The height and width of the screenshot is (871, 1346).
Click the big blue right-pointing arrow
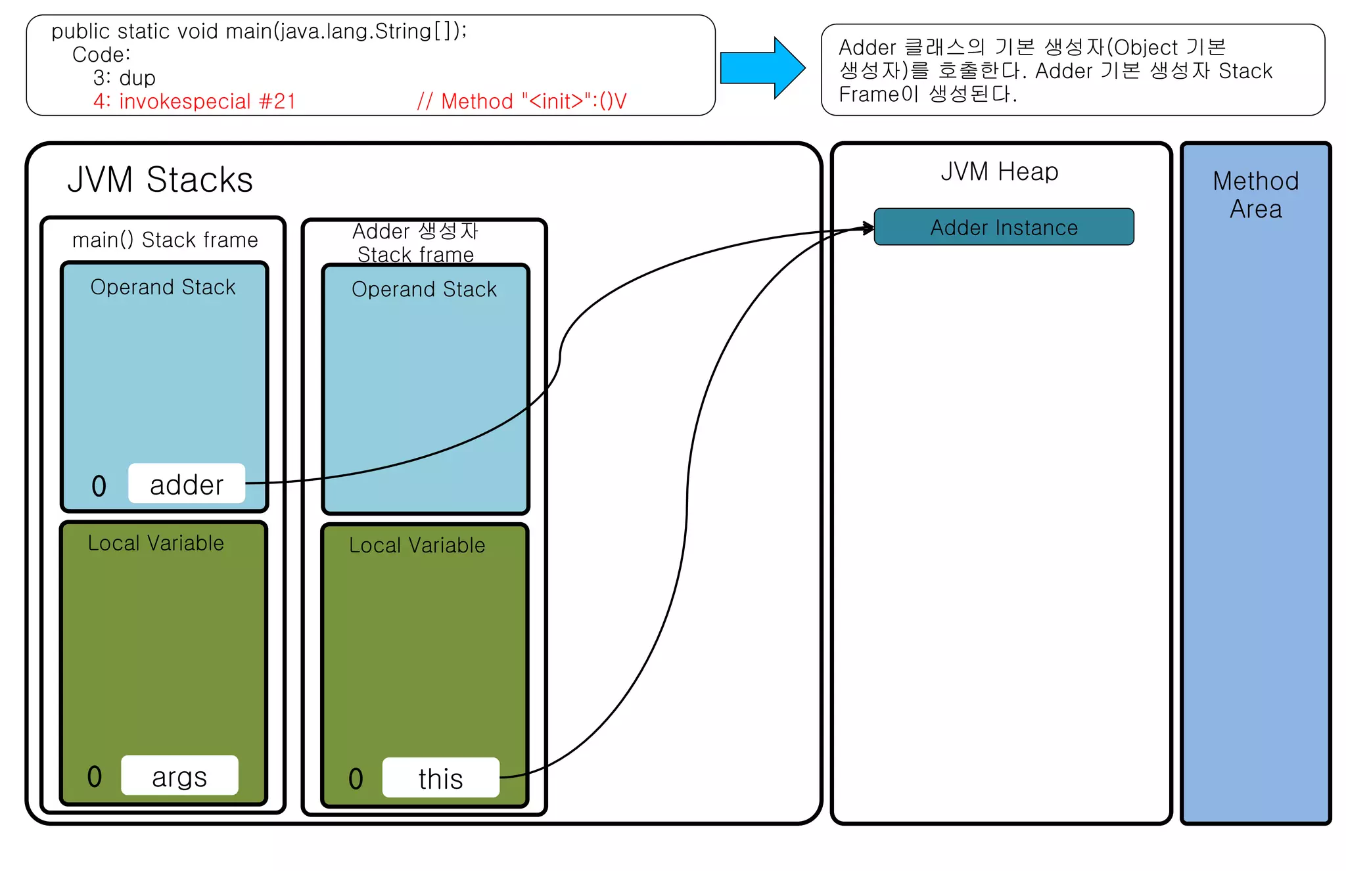(762, 68)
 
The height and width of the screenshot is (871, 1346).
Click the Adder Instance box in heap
(1004, 227)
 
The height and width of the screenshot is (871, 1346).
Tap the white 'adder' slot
(187, 484)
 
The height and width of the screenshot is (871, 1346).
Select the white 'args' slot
(179, 776)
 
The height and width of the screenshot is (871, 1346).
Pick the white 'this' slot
(440, 778)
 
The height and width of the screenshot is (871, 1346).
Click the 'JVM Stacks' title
(160, 179)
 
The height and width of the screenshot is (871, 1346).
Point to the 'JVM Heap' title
(999, 171)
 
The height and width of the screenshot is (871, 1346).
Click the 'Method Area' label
(1255, 194)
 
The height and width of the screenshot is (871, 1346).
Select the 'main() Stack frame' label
(164, 240)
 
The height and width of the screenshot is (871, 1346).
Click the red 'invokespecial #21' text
(195, 101)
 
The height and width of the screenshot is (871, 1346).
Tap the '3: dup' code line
(124, 78)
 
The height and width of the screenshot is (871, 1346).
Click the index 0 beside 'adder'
(99, 486)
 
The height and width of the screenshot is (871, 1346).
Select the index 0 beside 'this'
(356, 779)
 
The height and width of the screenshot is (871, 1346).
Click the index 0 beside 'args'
(95, 776)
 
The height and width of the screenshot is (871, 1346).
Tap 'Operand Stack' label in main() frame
(163, 287)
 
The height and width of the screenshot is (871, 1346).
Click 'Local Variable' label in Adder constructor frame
(417, 545)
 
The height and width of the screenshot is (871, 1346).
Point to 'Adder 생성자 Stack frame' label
(415, 242)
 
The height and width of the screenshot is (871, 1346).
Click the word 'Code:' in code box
(101, 55)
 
